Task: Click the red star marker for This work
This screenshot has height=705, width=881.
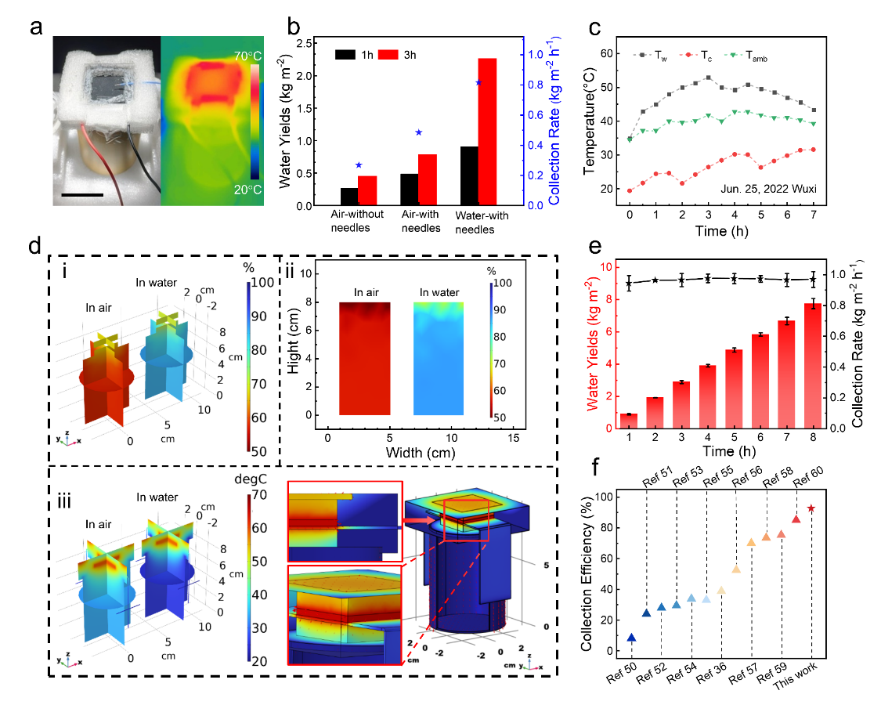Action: point(811,508)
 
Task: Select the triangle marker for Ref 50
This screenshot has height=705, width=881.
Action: point(631,638)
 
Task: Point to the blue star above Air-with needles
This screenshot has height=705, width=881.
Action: point(418,132)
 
